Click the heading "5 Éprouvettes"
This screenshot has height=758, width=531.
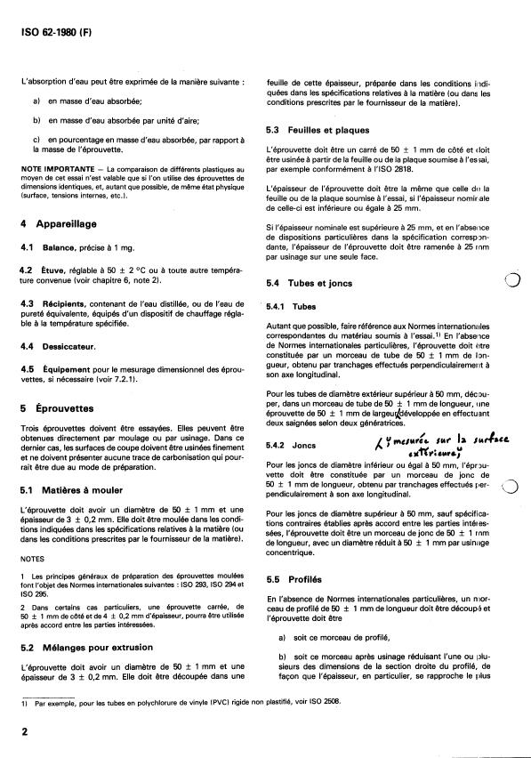point(58,407)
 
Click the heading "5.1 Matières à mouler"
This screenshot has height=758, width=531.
point(73,490)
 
